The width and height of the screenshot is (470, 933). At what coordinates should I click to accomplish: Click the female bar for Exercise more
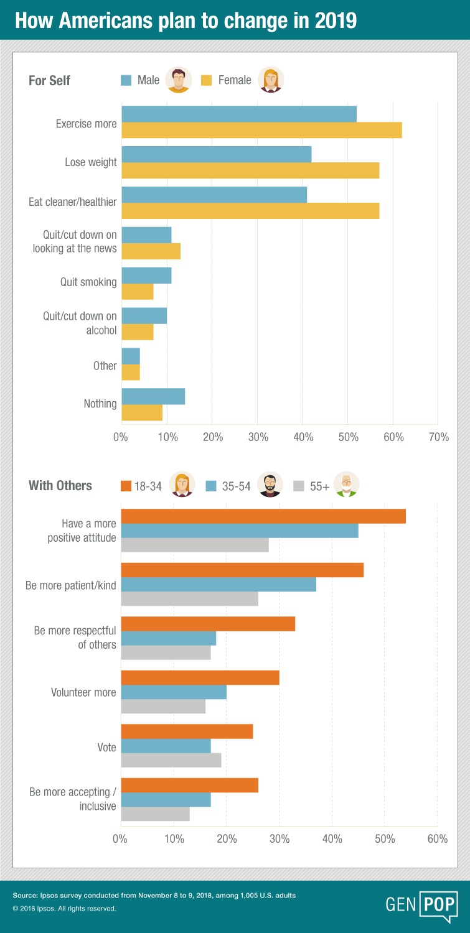point(262,130)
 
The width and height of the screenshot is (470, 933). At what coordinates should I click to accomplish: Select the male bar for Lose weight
point(217,154)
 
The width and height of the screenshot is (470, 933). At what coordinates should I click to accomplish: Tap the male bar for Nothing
point(153,396)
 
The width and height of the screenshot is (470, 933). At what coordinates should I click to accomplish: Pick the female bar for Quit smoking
point(138,292)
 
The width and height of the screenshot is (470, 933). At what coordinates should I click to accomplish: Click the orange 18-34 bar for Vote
point(187,731)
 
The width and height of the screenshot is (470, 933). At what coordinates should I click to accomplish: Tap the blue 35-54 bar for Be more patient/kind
point(219,585)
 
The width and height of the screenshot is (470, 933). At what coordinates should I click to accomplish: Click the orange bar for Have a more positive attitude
point(263,516)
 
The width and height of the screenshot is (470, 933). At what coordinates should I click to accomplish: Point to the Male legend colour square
point(126,80)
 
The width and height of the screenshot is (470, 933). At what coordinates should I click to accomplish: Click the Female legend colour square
point(207,80)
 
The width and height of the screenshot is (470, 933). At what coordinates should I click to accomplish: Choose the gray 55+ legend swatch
point(299,486)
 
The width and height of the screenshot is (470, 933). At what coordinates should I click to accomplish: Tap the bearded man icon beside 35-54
point(270,485)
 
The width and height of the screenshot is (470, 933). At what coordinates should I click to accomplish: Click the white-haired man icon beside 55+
point(347,485)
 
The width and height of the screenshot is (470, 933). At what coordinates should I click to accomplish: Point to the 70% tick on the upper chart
point(439,437)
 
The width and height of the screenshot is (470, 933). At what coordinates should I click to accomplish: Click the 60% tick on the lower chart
point(438,839)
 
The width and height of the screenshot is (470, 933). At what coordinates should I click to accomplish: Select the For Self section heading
point(49,80)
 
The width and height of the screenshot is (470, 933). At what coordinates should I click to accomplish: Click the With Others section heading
point(60,486)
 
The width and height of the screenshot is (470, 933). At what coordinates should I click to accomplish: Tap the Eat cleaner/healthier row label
point(73,202)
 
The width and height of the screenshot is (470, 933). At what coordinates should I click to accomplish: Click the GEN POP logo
point(421,904)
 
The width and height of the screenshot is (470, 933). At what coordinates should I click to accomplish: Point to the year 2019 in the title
point(336,21)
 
